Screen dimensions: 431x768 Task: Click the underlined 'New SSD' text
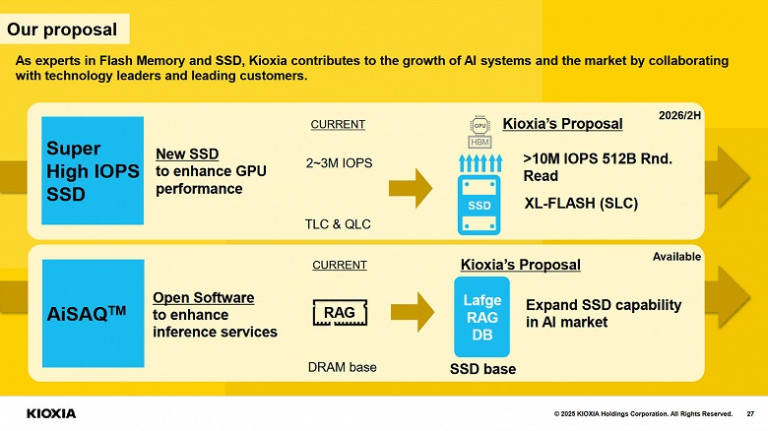coord(187,154)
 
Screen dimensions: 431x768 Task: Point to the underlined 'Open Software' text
coord(203,297)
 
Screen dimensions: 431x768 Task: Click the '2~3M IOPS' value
coord(339,163)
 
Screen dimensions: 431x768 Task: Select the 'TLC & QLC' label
coord(338,223)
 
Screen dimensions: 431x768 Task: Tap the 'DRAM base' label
coord(343,367)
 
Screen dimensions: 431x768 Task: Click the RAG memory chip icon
coord(340,313)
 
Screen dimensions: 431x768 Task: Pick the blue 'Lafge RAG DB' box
coord(481,317)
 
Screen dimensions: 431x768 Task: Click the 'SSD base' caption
coord(482,369)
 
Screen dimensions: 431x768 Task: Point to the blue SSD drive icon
coord(480,206)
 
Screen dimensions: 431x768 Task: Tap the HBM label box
coord(480,142)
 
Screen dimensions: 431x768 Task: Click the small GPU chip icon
coord(480,125)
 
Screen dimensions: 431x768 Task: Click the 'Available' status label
coord(676,256)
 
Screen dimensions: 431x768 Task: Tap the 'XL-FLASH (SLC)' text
coord(582,204)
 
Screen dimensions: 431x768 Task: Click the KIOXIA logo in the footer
coord(50,413)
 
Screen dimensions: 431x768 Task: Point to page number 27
coord(750,413)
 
